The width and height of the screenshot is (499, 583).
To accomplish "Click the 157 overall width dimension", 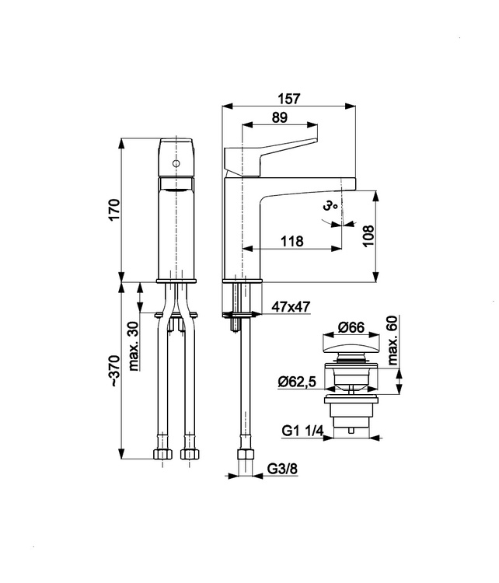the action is pyautogui.click(x=288, y=99).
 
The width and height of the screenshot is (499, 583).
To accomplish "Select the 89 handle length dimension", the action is pyautogui.click(x=280, y=117).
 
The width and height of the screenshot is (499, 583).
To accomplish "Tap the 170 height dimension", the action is pyautogui.click(x=114, y=210).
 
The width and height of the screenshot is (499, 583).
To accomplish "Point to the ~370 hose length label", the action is pyautogui.click(x=114, y=371).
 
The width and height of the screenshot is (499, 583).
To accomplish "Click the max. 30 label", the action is pyautogui.click(x=133, y=347).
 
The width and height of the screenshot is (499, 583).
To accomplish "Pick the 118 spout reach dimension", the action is pyautogui.click(x=292, y=241).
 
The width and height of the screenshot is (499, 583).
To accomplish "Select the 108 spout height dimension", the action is pyautogui.click(x=368, y=236).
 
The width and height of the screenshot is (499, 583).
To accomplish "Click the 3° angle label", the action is pyautogui.click(x=330, y=206).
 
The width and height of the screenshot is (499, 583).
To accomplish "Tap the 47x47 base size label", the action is pyautogui.click(x=291, y=307).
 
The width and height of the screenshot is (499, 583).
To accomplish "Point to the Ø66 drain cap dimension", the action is pyautogui.click(x=351, y=327).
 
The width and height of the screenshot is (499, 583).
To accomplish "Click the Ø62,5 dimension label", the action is pyautogui.click(x=297, y=382).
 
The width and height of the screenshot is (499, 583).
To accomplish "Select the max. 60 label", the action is pyautogui.click(x=393, y=340).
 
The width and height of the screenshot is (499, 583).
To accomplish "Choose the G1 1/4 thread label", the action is pyautogui.click(x=302, y=431).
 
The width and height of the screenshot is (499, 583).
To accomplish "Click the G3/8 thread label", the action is pyautogui.click(x=282, y=470).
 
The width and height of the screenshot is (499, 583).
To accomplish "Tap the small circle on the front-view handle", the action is pyautogui.click(x=176, y=163).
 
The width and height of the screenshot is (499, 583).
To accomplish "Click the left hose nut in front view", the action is pyautogui.click(x=162, y=454).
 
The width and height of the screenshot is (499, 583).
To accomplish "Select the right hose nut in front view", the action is pyautogui.click(x=190, y=454).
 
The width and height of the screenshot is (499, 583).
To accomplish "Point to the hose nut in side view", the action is pyautogui.click(x=246, y=454).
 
